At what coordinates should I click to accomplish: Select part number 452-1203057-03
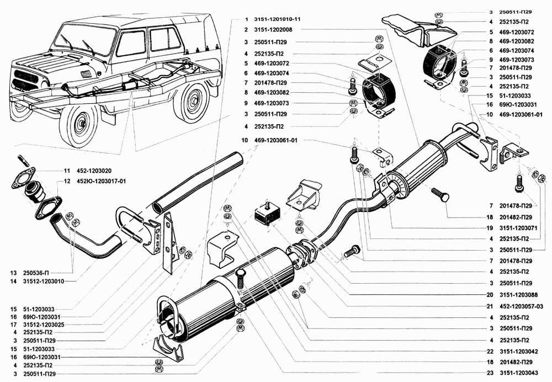tap(521, 305)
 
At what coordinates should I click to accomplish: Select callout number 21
tap(490, 305)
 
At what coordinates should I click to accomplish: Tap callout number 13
tap(12, 272)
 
